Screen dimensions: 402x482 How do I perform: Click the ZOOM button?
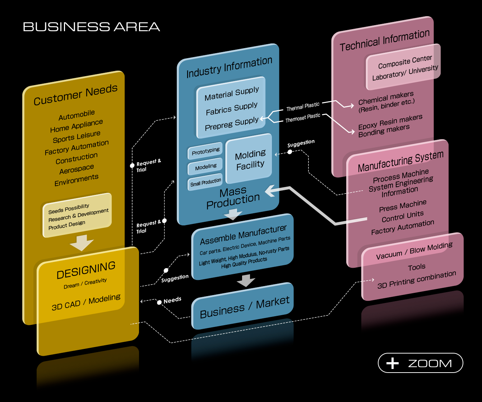coord(420,363)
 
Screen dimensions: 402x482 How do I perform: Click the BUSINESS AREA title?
coord(91,27)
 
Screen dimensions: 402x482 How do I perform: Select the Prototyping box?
coord(205,151)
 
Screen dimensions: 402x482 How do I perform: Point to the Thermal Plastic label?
coord(303,107)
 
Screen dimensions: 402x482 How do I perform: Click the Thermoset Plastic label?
coord(303,118)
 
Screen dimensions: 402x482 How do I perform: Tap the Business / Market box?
coord(244,307)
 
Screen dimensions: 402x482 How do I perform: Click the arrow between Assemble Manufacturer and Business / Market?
coord(246,280)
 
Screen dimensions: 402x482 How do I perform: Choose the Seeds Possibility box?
coord(78,215)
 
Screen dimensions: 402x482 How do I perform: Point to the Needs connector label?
coord(172,300)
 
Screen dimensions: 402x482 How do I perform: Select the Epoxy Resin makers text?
coord(390,122)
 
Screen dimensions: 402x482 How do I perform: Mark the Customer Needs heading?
coord(75,95)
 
